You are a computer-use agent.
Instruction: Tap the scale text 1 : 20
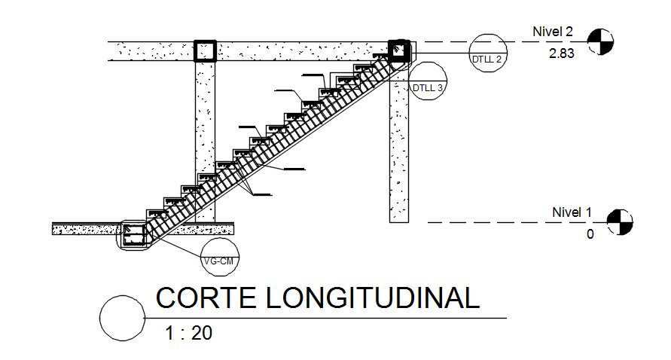pyautogui.click(x=188, y=332)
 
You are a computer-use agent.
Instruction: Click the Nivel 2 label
pyautogui.click(x=552, y=32)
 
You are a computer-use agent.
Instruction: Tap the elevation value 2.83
pyautogui.click(x=561, y=54)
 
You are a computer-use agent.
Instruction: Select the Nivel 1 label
pyautogui.click(x=572, y=212)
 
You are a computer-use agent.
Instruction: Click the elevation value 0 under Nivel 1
pyautogui.click(x=590, y=234)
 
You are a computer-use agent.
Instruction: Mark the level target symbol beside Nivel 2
pyautogui.click(x=599, y=41)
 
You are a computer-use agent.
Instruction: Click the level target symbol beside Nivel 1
pyautogui.click(x=620, y=221)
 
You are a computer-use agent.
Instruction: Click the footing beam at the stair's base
pyautogui.click(x=134, y=236)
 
